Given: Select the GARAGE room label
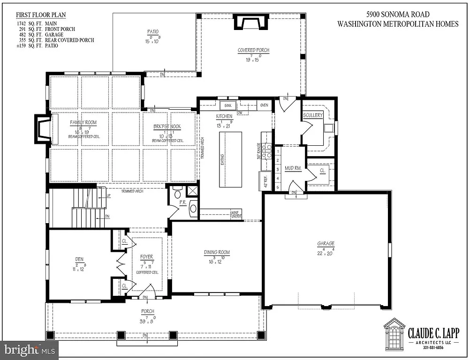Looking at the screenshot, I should pyautogui.click(x=325, y=243).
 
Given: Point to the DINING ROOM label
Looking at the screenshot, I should pyautogui.click(x=217, y=252).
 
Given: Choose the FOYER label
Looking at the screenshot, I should pyautogui.click(x=147, y=257).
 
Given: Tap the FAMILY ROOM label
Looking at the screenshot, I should pyautogui.click(x=83, y=122).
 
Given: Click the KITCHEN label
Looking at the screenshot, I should pyautogui.click(x=224, y=116).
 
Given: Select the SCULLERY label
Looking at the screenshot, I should pyautogui.click(x=312, y=115).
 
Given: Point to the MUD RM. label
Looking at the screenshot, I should pyautogui.click(x=292, y=167).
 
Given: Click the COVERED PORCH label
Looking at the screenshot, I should pyautogui.click(x=253, y=51).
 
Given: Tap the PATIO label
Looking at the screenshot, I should pyautogui.click(x=153, y=32).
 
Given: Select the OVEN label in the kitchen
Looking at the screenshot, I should pyautogui.click(x=264, y=105).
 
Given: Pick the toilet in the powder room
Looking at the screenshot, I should pyautogui.click(x=177, y=194).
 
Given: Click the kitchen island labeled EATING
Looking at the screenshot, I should pyautogui.click(x=230, y=159).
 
